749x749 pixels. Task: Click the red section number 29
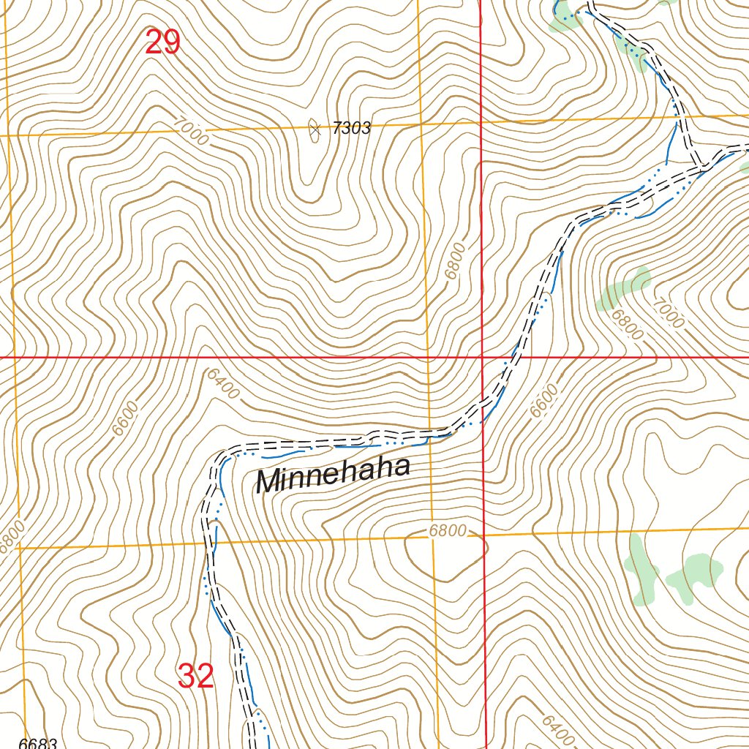[x=162, y=42]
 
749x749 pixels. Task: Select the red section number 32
[x=195, y=677]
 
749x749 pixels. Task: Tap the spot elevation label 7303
[x=351, y=129]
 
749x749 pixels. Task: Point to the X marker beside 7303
[x=315, y=129]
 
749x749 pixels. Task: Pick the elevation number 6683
[x=38, y=743]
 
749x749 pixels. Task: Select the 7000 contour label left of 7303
[x=192, y=131]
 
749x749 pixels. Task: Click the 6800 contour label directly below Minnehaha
[x=447, y=531]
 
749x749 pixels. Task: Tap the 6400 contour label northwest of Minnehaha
[x=222, y=384]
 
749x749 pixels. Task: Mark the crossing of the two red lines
[x=481, y=357]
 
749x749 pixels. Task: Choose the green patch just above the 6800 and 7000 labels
[x=625, y=289]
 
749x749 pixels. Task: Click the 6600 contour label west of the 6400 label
[x=125, y=418]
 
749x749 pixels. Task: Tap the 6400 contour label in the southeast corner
[x=557, y=729]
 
